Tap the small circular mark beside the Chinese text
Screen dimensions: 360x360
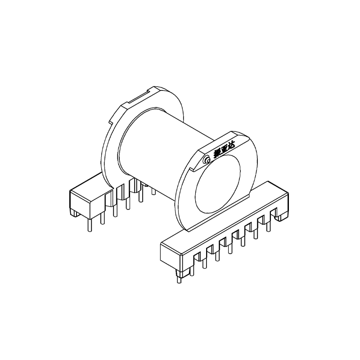207,160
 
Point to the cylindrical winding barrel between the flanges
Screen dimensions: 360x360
162,148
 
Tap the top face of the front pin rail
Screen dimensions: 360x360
225,211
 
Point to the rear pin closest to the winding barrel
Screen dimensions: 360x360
154,192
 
